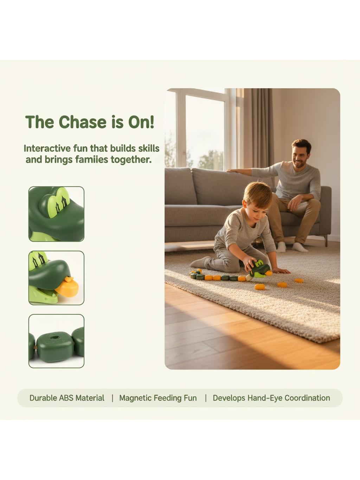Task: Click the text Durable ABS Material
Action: click(67, 398)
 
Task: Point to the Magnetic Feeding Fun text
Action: click(158, 398)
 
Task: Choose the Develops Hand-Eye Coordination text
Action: click(271, 398)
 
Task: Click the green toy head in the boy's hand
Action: click(260, 268)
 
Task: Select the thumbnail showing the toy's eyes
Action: click(56, 214)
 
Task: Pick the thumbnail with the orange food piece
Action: click(56, 278)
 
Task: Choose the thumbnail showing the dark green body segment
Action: click(56, 341)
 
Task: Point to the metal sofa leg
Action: click(326, 241)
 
